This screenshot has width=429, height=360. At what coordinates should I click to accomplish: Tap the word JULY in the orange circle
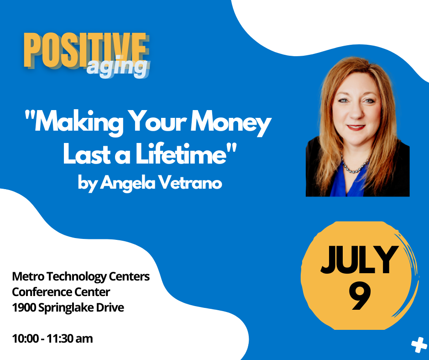point(359,260)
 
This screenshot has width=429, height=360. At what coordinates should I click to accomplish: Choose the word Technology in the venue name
point(77,277)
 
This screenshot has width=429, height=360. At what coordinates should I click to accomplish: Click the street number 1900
point(24,307)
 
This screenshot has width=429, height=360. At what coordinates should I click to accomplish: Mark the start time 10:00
point(26,339)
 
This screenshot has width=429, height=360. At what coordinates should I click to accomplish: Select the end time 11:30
point(59,339)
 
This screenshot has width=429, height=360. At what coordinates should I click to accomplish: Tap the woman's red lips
point(356,127)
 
